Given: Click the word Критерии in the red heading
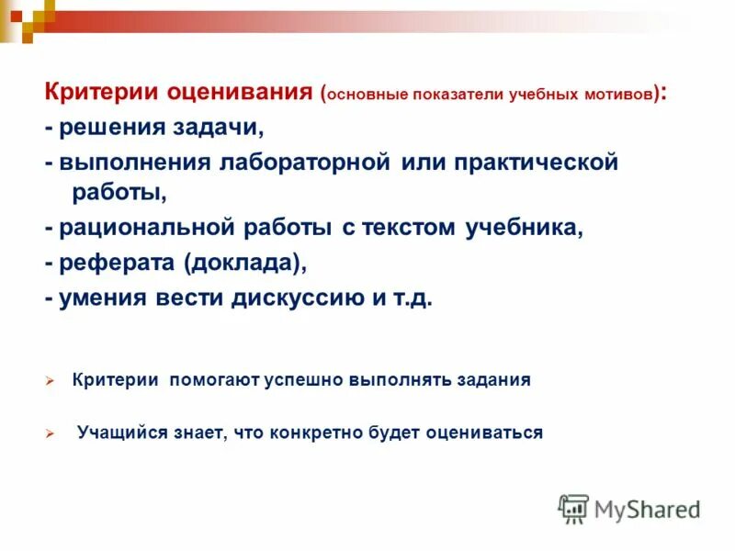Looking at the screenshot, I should point(102,93).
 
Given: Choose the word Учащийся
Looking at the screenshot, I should point(114,433).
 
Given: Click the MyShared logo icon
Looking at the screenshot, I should point(573,509).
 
